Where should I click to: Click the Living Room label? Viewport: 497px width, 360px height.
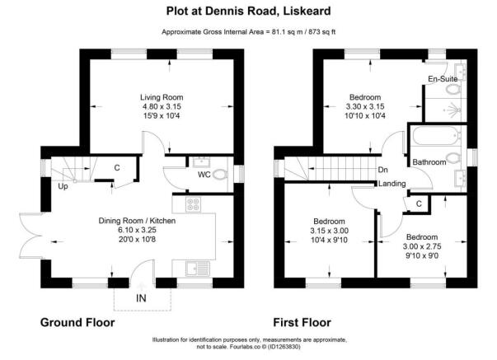(162, 97)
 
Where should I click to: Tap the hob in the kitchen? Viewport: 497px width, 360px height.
(194, 204)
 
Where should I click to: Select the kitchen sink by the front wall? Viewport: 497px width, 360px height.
(198, 269)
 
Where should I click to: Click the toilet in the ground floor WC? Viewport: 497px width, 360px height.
(220, 175)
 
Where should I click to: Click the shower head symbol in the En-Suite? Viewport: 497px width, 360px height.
(456, 110)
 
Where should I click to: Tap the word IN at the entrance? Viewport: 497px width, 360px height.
(141, 298)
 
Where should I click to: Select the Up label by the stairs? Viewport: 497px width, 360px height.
(63, 186)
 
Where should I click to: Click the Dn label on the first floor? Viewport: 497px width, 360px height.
(383, 170)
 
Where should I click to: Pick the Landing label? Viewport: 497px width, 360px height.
(392, 184)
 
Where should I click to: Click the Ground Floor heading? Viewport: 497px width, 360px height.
(77, 323)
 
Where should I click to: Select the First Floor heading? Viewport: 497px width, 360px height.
(302, 323)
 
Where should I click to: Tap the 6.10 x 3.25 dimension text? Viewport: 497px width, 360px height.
(138, 230)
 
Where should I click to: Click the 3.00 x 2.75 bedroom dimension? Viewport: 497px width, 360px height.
(422, 246)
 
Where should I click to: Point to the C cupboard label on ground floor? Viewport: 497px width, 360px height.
(117, 167)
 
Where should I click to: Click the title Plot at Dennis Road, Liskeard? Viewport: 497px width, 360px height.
(249, 11)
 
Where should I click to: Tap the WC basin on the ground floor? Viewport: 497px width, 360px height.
(200, 162)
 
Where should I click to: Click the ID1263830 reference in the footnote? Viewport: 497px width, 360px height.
(284, 347)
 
